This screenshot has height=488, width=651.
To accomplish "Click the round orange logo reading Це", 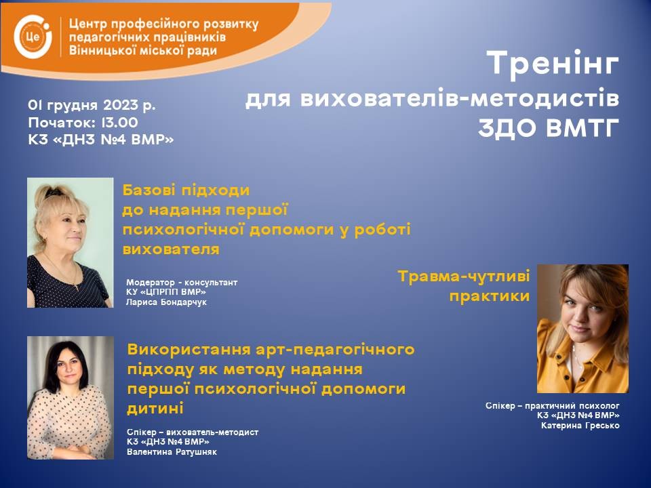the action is (33, 37).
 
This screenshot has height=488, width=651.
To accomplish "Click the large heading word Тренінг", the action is (553, 62).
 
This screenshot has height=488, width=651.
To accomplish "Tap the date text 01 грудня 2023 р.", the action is (92, 105).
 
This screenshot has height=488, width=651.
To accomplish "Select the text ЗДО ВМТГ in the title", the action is (549, 128).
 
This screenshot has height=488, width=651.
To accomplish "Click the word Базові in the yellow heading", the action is (147, 190).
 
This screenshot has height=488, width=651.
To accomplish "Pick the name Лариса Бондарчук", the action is (166, 302).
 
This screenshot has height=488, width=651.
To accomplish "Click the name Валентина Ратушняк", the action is (172, 452).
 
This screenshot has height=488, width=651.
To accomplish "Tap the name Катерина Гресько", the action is (580, 426).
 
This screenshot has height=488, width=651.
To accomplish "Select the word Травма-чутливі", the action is (464, 277).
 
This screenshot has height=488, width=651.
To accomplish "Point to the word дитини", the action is (155, 409).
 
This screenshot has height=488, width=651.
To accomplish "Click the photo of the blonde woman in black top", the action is (70, 243).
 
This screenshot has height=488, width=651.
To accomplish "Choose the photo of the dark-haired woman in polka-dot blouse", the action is (70, 398).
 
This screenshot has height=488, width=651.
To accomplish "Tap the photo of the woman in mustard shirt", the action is (583, 329).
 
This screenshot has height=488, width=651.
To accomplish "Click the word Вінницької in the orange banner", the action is (104, 51).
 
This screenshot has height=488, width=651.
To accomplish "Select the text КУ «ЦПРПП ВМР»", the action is (166, 292).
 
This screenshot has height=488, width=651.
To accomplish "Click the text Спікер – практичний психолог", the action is (553, 405).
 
